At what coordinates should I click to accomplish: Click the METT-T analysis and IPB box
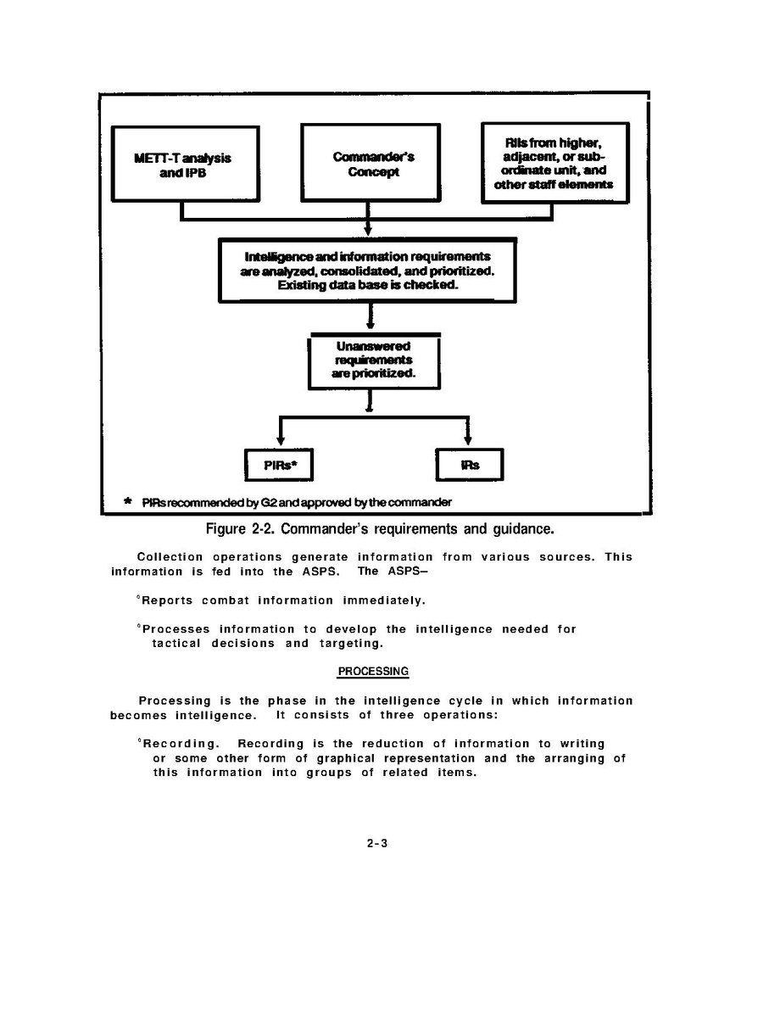pyautogui.click(x=185, y=164)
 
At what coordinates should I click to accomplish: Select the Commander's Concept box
pyautogui.click(x=370, y=164)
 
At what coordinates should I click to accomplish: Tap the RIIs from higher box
pyautogui.click(x=554, y=163)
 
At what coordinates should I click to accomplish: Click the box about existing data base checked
pyautogui.click(x=367, y=271)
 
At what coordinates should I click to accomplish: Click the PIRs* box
pyautogui.click(x=278, y=465)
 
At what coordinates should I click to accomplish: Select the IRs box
pyautogui.click(x=469, y=465)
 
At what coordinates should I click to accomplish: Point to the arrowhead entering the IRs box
pyautogui.click(x=468, y=440)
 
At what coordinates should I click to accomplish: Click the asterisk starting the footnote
pyautogui.click(x=127, y=502)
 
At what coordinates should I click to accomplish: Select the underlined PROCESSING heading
pyautogui.click(x=373, y=672)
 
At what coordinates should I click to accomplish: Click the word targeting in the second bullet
pyautogui.click(x=344, y=644)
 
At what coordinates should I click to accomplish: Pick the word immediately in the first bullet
pyautogui.click(x=383, y=600)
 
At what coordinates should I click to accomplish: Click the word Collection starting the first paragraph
pyautogui.click(x=170, y=557)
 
